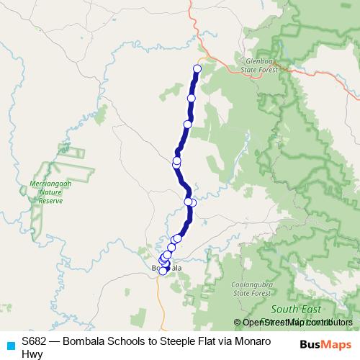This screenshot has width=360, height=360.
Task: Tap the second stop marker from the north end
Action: (192, 98)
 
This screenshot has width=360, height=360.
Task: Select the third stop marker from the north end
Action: (187, 125)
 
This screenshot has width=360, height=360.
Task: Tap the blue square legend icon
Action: (9, 345)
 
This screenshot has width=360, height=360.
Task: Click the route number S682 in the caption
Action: (35, 341)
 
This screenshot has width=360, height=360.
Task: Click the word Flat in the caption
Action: (221, 341)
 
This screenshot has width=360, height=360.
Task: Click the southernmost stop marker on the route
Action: (163, 271)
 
